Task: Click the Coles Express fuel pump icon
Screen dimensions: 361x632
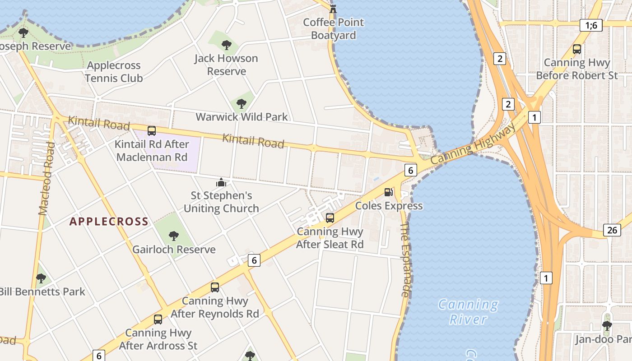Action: (388, 192)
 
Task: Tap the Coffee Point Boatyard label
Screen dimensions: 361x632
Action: (334, 28)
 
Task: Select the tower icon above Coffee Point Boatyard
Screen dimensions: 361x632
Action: (333, 8)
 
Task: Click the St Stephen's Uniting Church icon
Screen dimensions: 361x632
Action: (221, 182)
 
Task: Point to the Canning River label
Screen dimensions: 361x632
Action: (468, 312)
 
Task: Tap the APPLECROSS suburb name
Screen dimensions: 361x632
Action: (109, 221)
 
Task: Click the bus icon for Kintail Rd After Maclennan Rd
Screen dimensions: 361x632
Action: (152, 131)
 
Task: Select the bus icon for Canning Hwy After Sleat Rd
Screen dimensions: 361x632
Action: (330, 218)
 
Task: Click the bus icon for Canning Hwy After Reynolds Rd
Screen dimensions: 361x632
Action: (215, 287)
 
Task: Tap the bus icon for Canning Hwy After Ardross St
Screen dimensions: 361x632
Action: (158, 319)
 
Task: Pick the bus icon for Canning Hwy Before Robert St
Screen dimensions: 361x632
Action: (577, 49)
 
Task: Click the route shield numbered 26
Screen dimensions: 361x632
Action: (612, 230)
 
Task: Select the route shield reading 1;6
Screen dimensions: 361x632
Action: (591, 25)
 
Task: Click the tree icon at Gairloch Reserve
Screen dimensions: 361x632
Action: (173, 236)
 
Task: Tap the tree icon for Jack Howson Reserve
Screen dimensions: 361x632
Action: (227, 45)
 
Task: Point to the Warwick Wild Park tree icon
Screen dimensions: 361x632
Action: (242, 104)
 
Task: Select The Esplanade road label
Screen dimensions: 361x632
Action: (405, 259)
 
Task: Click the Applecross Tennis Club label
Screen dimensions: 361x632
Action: (114, 72)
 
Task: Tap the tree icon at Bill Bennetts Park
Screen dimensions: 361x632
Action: (41, 278)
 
